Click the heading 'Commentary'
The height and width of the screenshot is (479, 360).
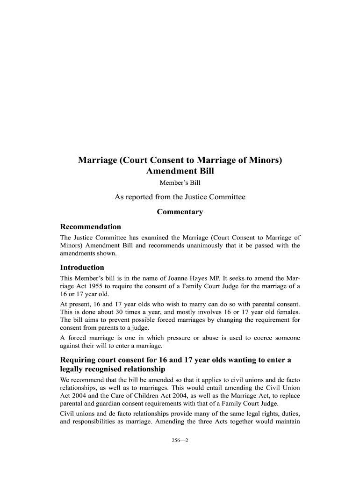coord(180,212)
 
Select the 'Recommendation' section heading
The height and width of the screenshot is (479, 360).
coord(90,227)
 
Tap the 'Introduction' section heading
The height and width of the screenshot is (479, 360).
coord(82,268)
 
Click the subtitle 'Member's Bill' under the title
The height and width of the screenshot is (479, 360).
coord(180,182)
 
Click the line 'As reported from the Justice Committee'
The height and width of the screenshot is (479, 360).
coord(180,197)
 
